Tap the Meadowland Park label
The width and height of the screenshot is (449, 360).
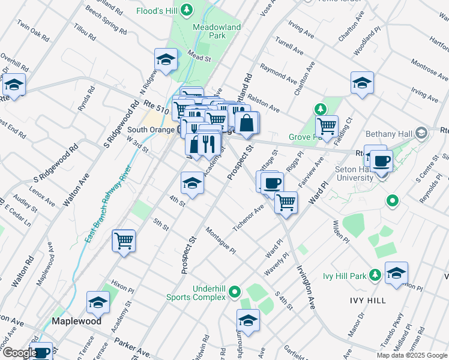click(217, 32)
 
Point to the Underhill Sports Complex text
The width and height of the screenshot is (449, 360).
click(208, 292)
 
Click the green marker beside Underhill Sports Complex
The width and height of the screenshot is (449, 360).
click(235, 292)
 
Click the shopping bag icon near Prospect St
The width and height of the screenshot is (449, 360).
click(247, 123)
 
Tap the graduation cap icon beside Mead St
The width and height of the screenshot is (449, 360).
click(166, 59)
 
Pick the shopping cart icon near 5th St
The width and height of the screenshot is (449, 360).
click(124, 241)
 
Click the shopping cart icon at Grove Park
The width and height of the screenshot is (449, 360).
click(327, 126)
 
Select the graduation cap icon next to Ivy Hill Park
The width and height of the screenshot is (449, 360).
click(396, 273)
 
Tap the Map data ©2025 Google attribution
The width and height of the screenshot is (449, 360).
click(411, 355)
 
